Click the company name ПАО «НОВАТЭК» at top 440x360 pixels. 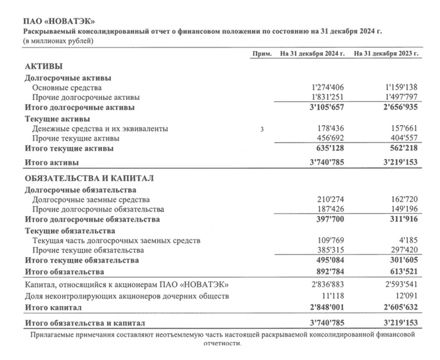[x=53, y=22]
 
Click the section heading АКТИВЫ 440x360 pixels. [x=43, y=66]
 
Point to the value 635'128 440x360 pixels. [x=334, y=149]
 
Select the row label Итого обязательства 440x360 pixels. [x=64, y=271]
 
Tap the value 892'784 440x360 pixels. [x=334, y=271]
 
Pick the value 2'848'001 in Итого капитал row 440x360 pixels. [x=331, y=308]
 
